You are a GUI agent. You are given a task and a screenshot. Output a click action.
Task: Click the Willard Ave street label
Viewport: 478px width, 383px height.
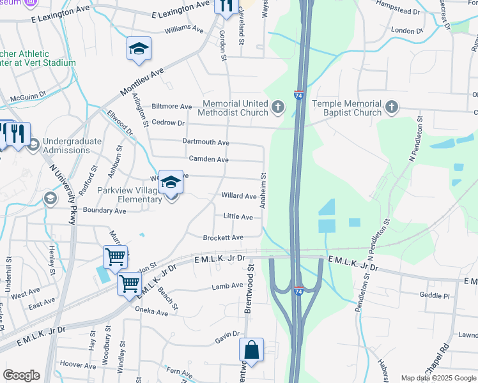pos(238,196)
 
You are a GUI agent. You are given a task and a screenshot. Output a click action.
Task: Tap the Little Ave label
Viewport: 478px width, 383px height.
pos(238,217)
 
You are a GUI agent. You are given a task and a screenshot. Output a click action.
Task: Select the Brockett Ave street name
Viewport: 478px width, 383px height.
pos(223,237)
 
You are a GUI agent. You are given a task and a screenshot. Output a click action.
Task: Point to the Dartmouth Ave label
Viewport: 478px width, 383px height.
pos(206,142)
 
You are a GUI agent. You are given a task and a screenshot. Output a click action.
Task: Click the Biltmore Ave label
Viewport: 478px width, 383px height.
pos(171,107)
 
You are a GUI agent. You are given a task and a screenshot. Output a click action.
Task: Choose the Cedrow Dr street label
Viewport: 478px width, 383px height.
pos(169,123)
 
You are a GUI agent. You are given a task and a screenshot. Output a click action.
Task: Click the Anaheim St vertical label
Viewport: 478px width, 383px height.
pos(262,190)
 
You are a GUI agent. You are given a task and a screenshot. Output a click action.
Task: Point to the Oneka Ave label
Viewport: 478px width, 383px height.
pos(151,312)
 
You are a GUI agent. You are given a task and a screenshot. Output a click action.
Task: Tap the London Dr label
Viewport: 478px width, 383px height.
pos(403,31)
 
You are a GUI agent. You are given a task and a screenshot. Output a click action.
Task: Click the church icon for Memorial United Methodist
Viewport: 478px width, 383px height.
pos(277,107)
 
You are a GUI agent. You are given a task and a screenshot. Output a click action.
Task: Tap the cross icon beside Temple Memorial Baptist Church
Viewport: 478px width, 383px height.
pos(392,107)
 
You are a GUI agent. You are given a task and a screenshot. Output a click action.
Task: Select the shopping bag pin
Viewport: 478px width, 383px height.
pos(251,350)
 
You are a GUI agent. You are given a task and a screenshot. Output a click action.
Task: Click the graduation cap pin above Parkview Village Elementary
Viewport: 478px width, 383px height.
pos(170,183)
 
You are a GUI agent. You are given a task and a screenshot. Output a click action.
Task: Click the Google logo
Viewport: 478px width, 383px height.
pos(21,375)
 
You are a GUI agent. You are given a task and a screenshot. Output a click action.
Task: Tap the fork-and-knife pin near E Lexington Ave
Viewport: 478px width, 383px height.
pos(225,6)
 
